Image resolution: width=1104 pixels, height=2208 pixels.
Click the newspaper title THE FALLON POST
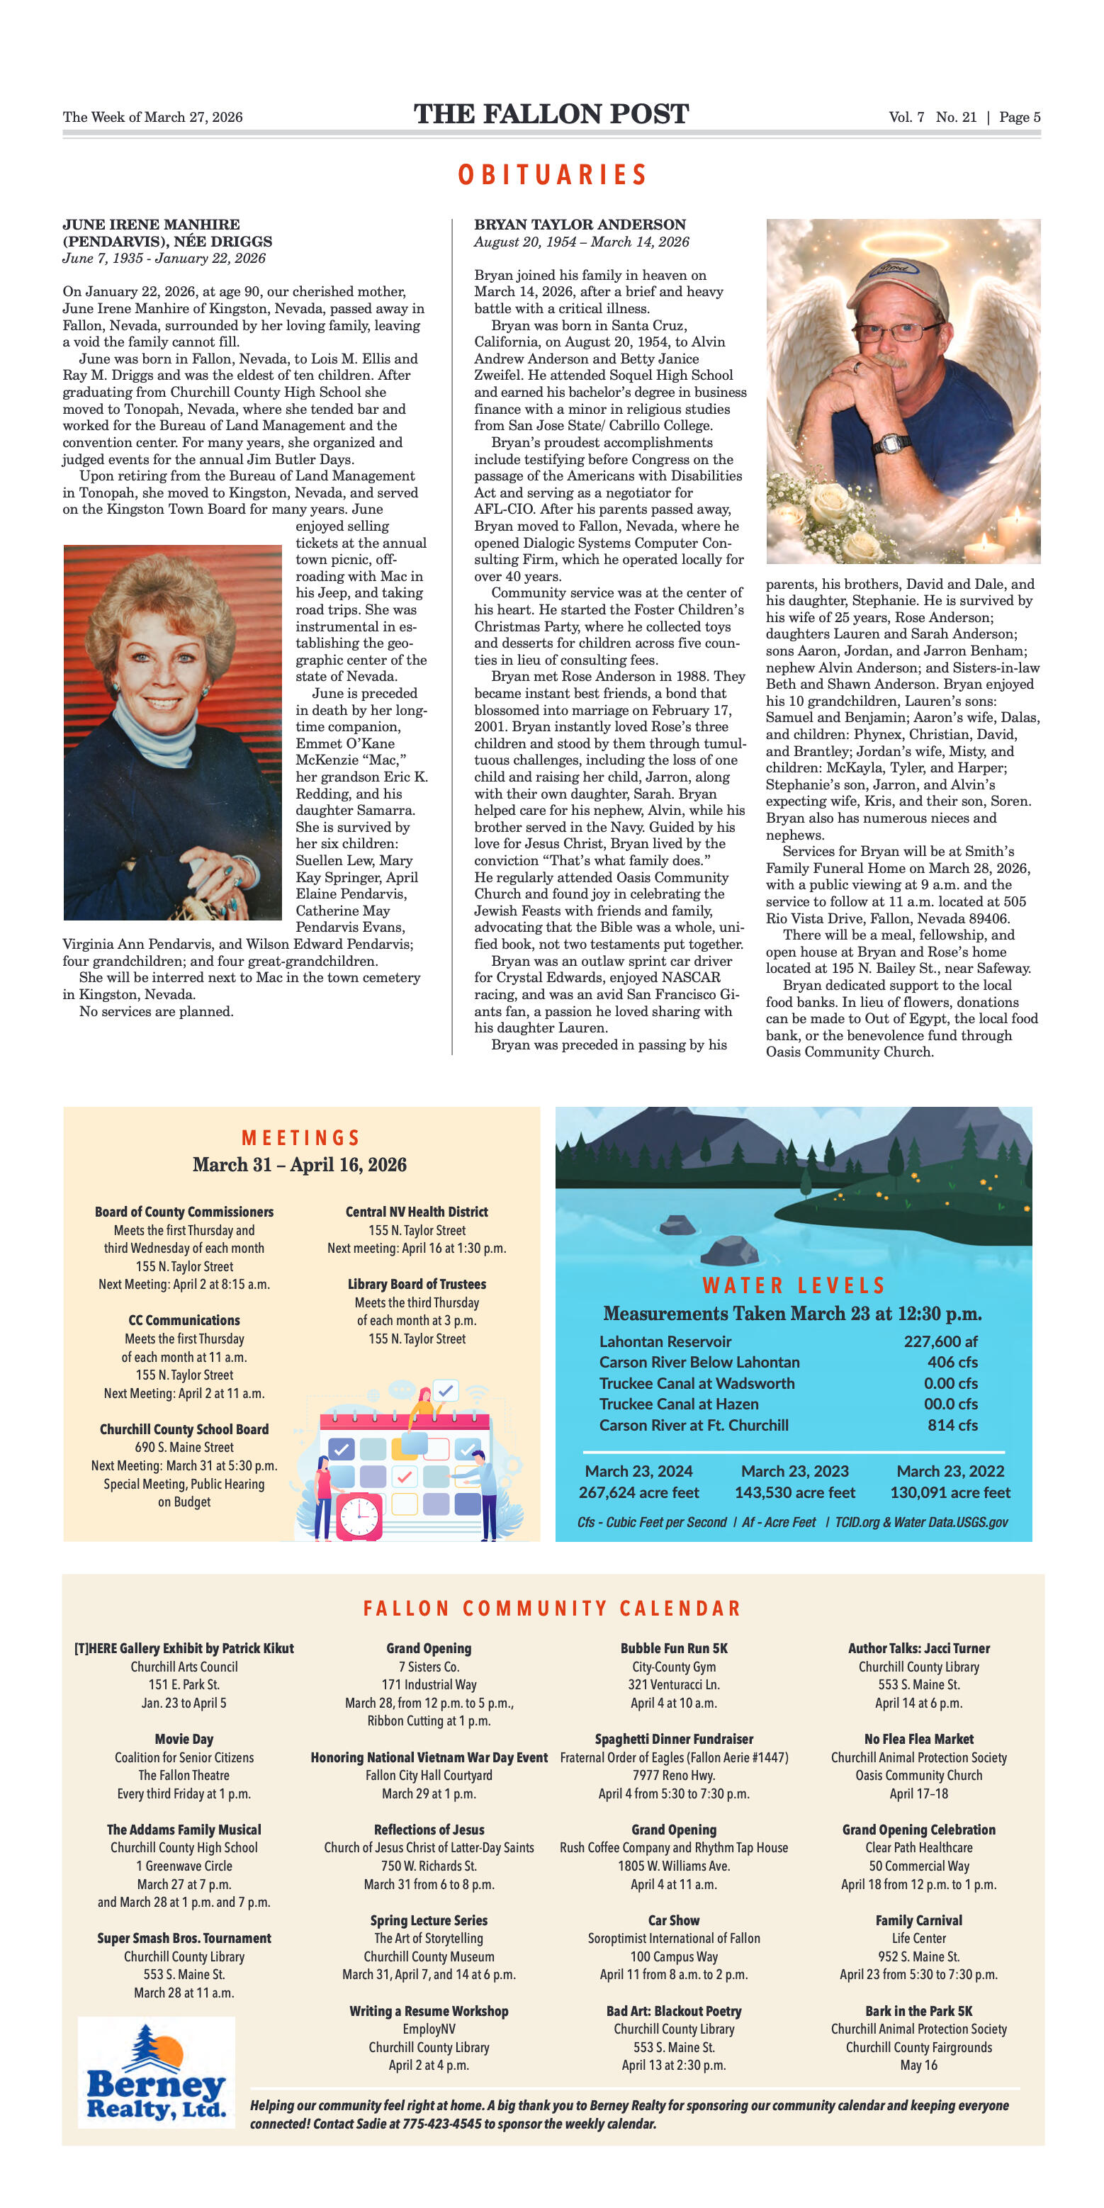(551, 114)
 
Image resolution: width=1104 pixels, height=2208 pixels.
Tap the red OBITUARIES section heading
(552, 175)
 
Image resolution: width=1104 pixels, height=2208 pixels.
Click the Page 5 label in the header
(1019, 118)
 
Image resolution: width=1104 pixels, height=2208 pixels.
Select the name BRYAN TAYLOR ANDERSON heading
(580, 225)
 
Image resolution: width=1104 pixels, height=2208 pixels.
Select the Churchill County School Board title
(184, 1429)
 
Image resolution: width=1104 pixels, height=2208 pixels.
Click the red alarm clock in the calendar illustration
(359, 1516)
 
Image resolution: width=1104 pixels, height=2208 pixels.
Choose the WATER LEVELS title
(793, 1285)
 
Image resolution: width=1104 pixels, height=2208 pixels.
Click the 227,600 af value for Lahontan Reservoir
(940, 1341)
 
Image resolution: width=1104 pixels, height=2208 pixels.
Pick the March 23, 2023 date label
(794, 1471)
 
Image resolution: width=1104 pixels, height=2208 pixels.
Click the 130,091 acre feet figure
(950, 1492)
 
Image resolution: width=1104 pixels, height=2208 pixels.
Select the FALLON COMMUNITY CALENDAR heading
(552, 1608)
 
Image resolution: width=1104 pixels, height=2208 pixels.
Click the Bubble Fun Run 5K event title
(674, 1648)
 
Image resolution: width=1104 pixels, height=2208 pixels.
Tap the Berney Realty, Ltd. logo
(156, 2082)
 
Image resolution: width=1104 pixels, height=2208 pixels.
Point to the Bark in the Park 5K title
(918, 2011)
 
